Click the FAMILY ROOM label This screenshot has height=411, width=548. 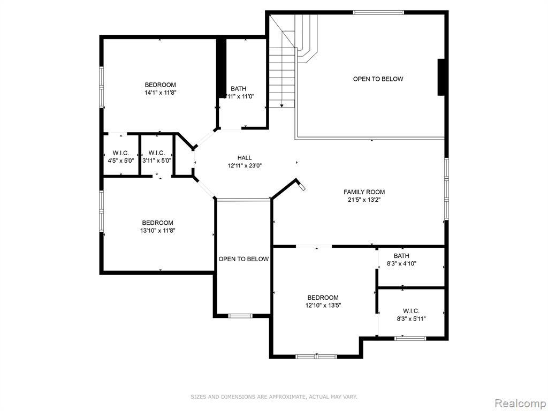[364, 192]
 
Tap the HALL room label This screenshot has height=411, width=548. [244, 158]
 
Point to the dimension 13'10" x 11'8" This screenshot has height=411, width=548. [157, 231]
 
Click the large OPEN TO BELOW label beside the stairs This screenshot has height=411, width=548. [378, 79]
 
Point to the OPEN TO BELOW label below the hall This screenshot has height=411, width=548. [243, 259]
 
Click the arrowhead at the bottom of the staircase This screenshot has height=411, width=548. [281, 105]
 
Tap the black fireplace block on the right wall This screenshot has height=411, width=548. [441, 77]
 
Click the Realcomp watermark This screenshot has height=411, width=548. [520, 404]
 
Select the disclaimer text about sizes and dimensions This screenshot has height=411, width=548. [273, 397]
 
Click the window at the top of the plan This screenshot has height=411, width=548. [378, 13]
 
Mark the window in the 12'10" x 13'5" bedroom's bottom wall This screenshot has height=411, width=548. [316, 356]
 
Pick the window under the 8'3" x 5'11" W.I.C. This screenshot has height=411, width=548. [410, 338]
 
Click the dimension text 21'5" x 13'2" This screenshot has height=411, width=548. [364, 200]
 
